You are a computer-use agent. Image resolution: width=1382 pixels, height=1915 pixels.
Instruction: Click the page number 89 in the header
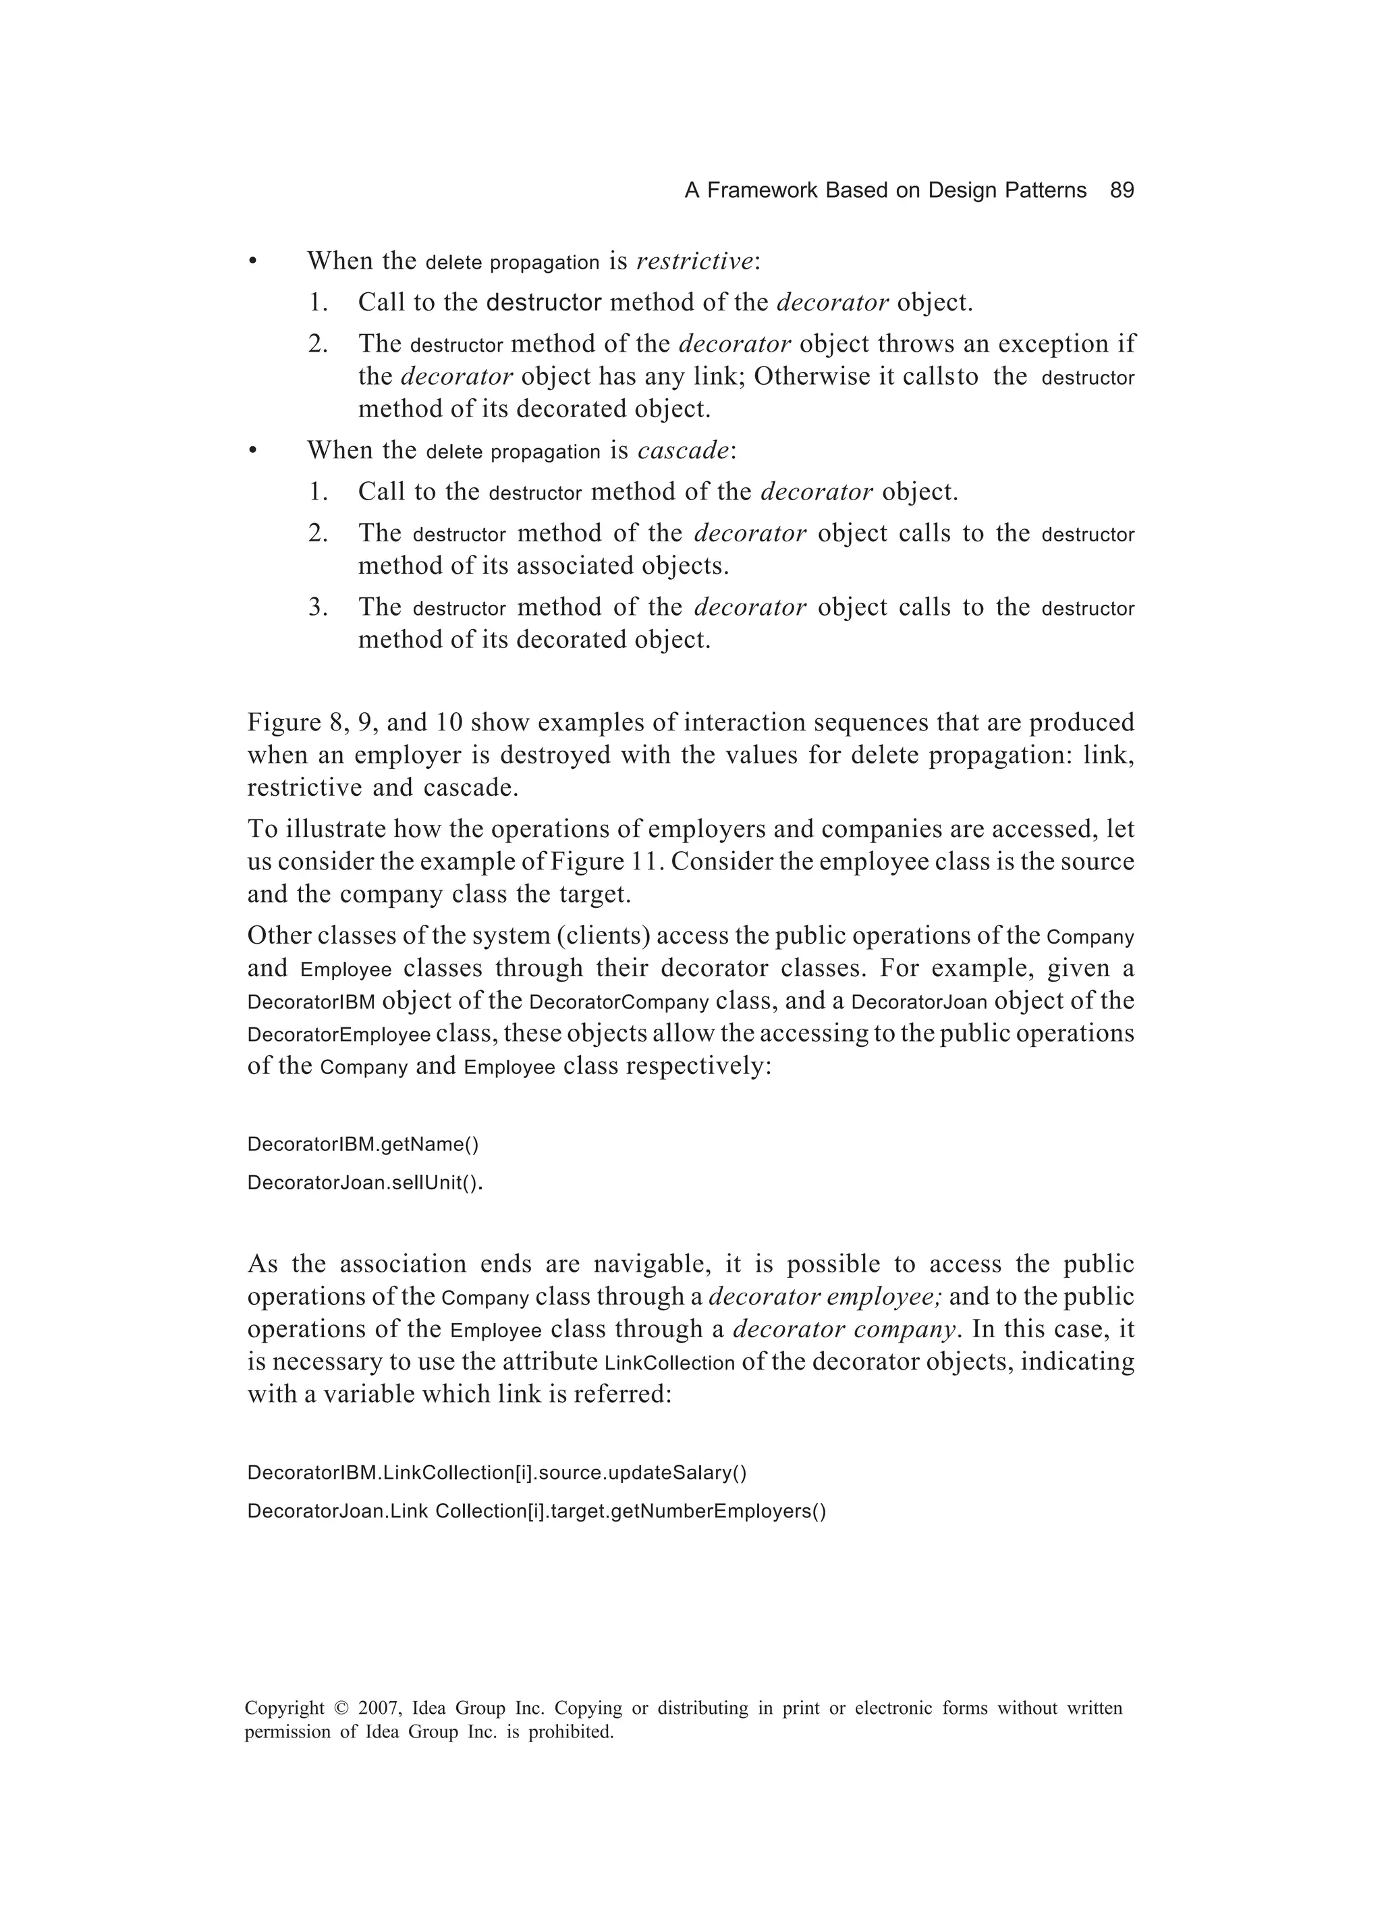pyautogui.click(x=1121, y=191)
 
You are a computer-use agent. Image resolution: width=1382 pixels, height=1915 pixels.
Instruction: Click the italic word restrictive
pyautogui.click(x=694, y=262)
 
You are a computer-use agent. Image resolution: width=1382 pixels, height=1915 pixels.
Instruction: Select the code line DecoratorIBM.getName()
pyautogui.click(x=362, y=1145)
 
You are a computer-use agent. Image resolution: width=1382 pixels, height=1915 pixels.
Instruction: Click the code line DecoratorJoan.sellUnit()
pyautogui.click(x=364, y=1183)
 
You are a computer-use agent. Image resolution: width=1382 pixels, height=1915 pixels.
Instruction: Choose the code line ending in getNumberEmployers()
pyautogui.click(x=536, y=1511)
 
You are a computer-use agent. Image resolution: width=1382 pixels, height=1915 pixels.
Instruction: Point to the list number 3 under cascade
pyautogui.click(x=316, y=607)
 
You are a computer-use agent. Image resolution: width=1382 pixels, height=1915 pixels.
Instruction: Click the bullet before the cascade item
pyautogui.click(x=252, y=452)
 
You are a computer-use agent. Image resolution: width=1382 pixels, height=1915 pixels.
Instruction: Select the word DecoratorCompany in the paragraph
pyautogui.click(x=619, y=1003)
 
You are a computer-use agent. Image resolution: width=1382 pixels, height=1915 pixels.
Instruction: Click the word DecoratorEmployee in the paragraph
pyautogui.click(x=339, y=1035)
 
